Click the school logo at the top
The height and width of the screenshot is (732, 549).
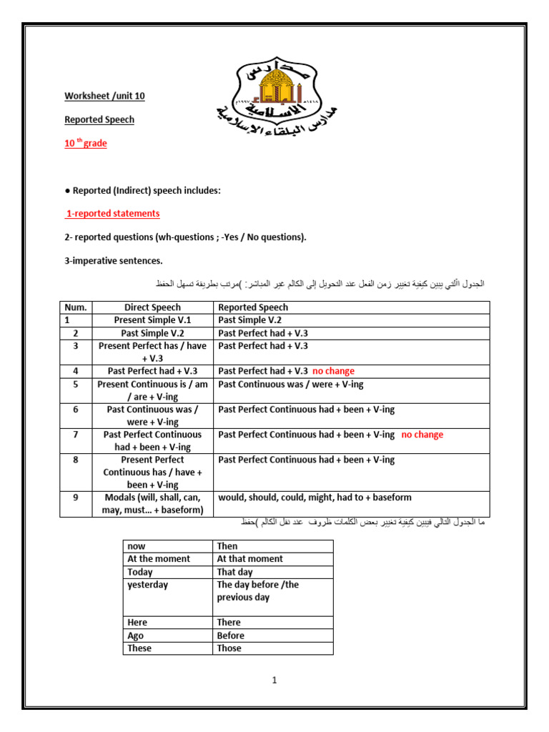286,96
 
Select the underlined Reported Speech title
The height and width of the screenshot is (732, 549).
99,119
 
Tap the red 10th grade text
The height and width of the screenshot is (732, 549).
86,144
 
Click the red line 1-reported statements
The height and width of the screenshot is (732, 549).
113,214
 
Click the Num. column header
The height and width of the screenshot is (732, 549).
75,307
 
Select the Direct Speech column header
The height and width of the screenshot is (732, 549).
152,307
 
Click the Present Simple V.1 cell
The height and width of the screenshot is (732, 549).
152,320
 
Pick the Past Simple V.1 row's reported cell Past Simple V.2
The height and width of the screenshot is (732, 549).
249,320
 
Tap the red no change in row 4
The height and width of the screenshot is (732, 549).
333,371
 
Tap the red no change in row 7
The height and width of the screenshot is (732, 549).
422,435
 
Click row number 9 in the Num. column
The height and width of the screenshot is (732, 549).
75,498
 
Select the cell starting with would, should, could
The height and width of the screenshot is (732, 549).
315,498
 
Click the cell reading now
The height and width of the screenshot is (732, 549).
136,546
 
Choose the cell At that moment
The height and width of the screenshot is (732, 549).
249,559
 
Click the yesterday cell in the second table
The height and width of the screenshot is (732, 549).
147,585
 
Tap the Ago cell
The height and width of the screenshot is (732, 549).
135,635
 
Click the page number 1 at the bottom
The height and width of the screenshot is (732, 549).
274,681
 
